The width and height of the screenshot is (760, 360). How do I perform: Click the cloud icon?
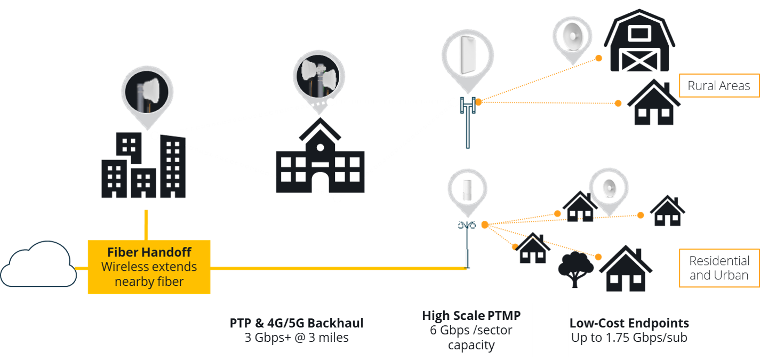click(37, 265)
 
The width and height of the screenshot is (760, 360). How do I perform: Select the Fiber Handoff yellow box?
click(149, 267)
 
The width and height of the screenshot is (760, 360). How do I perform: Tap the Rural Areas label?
click(718, 85)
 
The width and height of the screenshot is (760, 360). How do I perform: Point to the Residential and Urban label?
click(718, 268)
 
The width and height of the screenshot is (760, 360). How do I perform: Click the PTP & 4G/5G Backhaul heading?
click(297, 323)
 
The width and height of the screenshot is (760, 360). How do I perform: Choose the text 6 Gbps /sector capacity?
click(471, 338)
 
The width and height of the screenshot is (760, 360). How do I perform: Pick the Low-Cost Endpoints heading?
click(629, 323)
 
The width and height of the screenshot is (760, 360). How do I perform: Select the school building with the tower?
click(319, 158)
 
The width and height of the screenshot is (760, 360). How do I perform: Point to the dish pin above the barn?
click(572, 33)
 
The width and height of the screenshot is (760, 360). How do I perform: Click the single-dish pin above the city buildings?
click(147, 93)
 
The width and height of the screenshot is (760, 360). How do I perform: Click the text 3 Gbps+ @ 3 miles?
click(297, 338)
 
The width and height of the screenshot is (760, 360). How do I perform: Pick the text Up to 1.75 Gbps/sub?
click(629, 338)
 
